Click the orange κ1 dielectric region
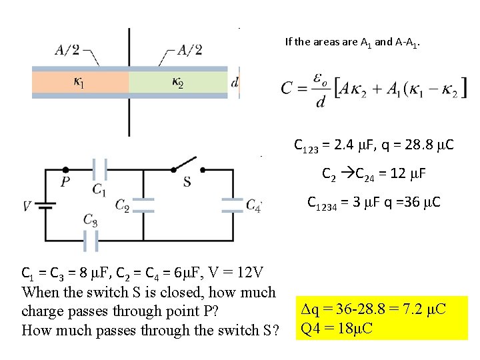coord(80,83)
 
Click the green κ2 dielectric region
coord(178,83)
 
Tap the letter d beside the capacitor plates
coord(234,83)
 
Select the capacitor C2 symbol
coord(144,205)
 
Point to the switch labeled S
coord(186,165)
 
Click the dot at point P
coord(65,169)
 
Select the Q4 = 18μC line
coord(337,328)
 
